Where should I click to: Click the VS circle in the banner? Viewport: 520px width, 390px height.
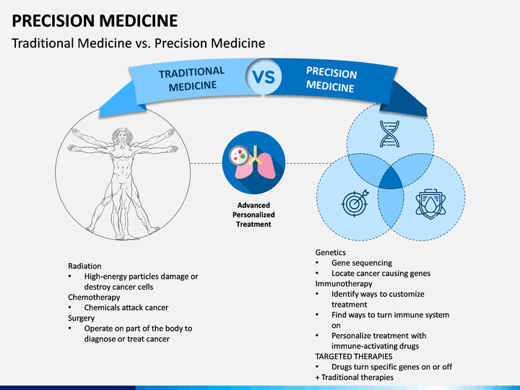[264, 77]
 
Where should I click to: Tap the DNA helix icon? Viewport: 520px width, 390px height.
[389, 134]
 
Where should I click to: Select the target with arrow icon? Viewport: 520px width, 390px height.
[355, 203]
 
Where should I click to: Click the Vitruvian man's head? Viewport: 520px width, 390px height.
[122, 135]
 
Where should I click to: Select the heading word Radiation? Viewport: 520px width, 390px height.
[84, 266]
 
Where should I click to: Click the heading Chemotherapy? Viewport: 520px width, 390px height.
[94, 297]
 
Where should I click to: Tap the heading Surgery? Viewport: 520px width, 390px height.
[81, 318]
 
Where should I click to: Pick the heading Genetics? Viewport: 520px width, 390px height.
[330, 252]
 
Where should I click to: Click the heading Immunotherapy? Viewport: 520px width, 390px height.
[344, 284]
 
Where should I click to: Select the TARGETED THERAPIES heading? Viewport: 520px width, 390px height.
[354, 357]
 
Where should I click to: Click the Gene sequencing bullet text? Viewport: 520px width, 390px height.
[362, 263]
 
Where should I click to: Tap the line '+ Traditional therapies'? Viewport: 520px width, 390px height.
[354, 378]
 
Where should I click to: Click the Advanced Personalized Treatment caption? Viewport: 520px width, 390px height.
[253, 214]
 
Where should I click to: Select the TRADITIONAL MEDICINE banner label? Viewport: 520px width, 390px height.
[192, 79]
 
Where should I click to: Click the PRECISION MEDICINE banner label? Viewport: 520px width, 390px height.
[331, 79]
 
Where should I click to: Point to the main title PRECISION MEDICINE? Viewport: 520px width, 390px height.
[95, 20]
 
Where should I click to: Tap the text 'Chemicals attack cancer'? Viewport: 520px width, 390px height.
[126, 308]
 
